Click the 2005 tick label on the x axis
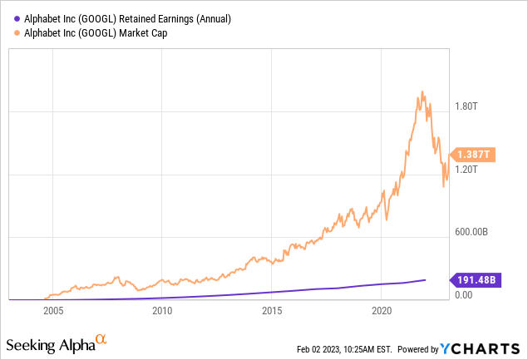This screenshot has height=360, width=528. (53, 311)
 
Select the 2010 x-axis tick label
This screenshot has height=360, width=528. (162, 311)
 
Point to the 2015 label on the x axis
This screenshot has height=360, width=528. (272, 311)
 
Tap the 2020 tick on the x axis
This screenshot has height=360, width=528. (382, 311)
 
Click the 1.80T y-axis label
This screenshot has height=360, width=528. (466, 106)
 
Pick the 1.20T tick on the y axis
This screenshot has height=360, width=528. (466, 169)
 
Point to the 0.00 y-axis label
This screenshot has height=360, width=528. (464, 294)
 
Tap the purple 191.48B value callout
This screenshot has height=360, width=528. (475, 279)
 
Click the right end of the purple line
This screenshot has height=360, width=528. (426, 280)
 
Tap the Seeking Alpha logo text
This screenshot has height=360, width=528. (49, 344)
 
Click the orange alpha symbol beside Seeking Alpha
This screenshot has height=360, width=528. (101, 339)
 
